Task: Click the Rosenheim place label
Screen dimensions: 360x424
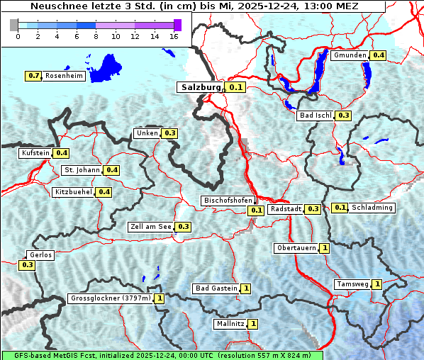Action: click(x=64, y=76)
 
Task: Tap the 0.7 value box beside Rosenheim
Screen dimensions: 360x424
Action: click(x=33, y=76)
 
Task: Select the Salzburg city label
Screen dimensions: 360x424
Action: click(x=201, y=87)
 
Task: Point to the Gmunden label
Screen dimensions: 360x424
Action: click(x=350, y=55)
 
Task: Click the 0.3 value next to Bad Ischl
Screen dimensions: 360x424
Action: click(x=344, y=116)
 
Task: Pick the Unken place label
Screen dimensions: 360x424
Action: click(x=147, y=133)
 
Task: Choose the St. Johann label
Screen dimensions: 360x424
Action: click(x=82, y=170)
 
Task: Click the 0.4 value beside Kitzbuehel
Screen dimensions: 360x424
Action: click(x=104, y=192)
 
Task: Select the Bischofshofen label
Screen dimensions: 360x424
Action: click(x=228, y=201)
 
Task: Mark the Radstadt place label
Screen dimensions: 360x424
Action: click(x=286, y=209)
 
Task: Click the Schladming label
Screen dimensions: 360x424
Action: click(x=372, y=208)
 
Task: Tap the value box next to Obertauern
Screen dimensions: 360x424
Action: click(x=324, y=248)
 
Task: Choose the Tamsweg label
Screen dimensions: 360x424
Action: click(x=352, y=284)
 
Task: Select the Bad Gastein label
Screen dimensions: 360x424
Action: click(x=216, y=288)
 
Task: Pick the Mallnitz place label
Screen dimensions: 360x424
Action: click(x=230, y=324)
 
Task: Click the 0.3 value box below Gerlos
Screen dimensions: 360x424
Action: click(x=28, y=265)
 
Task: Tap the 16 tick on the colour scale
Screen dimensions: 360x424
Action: click(x=174, y=36)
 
